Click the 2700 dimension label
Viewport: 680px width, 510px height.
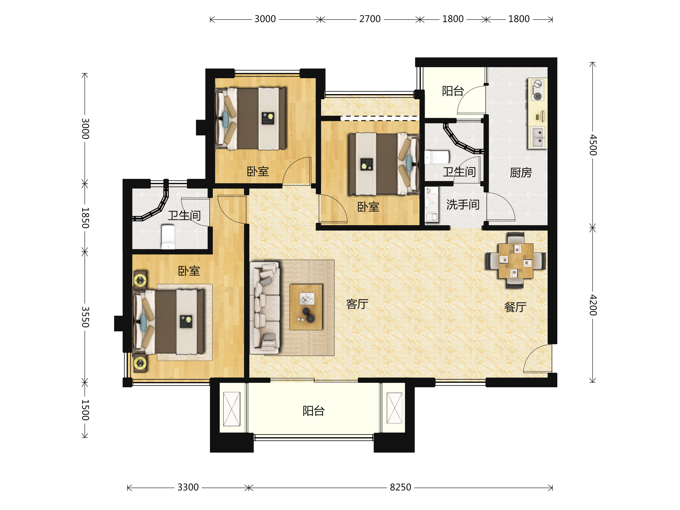[370, 19]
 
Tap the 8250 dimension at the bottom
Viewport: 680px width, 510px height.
[400, 488]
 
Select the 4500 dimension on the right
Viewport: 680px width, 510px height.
[593, 145]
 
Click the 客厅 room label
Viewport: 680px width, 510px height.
[357, 304]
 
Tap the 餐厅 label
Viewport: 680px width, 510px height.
[515, 307]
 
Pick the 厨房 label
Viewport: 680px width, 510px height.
[521, 173]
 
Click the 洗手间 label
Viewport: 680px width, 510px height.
[463, 205]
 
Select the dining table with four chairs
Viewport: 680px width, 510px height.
[516, 260]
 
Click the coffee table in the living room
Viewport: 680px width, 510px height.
[306, 307]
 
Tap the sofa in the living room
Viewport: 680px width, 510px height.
[265, 308]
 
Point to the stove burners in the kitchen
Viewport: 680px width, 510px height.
[537, 90]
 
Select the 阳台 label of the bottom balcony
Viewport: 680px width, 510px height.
[314, 411]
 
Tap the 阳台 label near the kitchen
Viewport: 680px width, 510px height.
[453, 91]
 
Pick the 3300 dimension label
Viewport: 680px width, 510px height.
[188, 488]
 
